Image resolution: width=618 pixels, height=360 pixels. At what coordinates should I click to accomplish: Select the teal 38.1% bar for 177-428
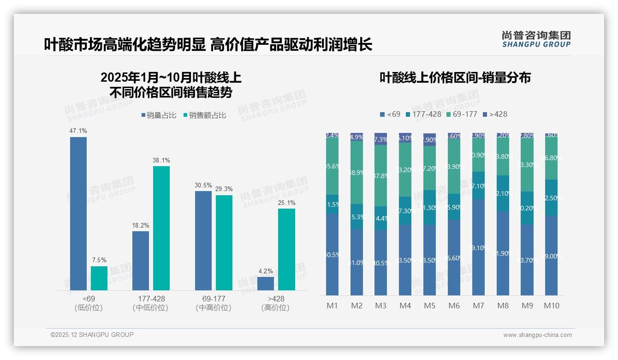tap(161, 228)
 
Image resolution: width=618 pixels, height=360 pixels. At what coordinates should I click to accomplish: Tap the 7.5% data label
tap(99, 260)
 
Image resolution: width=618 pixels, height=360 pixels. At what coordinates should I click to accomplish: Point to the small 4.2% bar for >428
tap(266, 283)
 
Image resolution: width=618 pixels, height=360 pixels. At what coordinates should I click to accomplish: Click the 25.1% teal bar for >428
tap(287, 249)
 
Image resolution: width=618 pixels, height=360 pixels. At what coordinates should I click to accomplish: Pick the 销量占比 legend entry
tap(158, 115)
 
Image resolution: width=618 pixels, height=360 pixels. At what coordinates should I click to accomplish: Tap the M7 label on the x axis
tap(478, 306)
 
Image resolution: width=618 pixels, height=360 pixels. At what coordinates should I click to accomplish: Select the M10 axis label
tap(551, 306)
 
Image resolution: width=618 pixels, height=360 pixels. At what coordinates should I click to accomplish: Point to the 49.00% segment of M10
tap(551, 255)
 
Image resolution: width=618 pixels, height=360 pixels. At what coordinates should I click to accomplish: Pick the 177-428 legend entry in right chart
tap(423, 114)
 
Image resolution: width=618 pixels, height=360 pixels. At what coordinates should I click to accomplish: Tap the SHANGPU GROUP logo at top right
tap(536, 39)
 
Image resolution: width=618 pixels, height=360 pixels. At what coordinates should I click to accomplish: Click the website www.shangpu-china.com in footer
tap(537, 335)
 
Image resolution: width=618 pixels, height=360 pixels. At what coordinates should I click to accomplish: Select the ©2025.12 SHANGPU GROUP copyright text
tap(92, 335)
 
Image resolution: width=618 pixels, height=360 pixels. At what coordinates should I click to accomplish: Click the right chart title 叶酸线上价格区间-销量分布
tap(455, 78)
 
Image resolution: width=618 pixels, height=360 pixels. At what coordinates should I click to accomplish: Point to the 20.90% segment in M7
tap(478, 156)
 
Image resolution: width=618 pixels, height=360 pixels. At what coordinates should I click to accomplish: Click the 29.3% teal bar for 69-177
tap(224, 243)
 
